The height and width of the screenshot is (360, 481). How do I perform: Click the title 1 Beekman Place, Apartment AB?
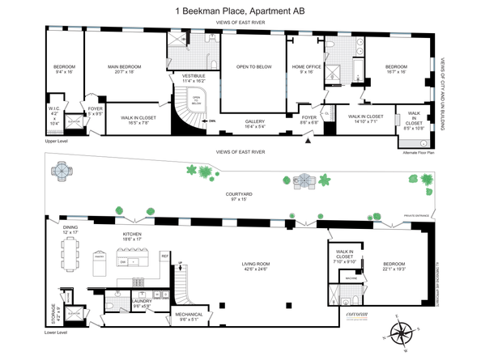point(240,11)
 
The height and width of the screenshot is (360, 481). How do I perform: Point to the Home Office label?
point(308,69)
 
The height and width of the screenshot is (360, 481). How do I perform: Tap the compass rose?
point(400,332)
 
